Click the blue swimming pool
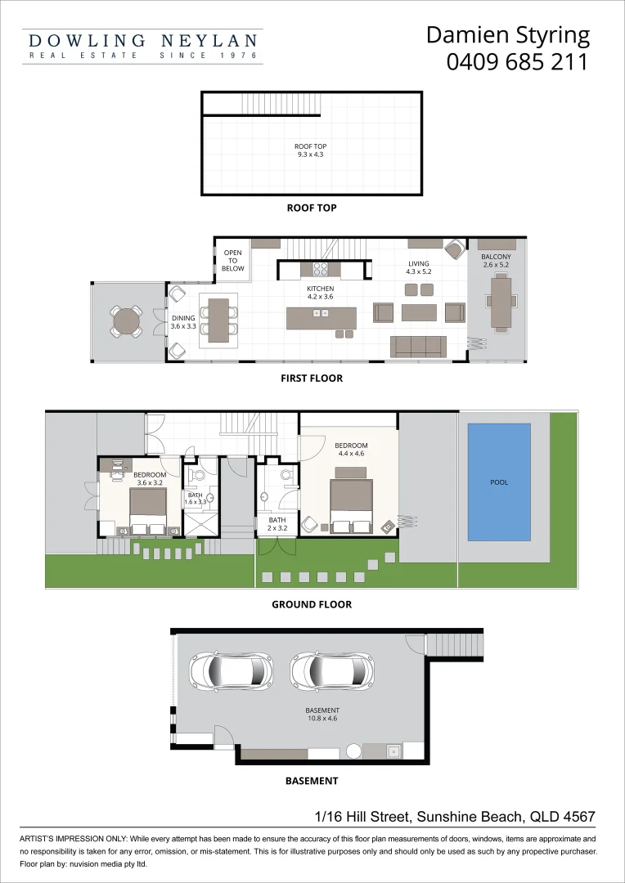click(x=499, y=482)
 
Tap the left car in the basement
click(x=231, y=671)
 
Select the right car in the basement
click(x=333, y=671)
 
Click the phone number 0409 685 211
click(x=517, y=62)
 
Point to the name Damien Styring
click(x=508, y=35)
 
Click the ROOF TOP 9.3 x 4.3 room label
click(x=311, y=150)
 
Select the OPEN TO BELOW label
click(x=233, y=261)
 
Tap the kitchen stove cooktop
click(x=320, y=268)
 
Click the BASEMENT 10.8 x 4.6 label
click(x=322, y=715)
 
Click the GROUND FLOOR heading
click(x=312, y=605)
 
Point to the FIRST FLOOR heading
click(x=312, y=379)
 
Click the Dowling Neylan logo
click(x=143, y=46)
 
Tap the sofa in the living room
click(x=419, y=347)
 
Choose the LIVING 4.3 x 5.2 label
click(x=420, y=267)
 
